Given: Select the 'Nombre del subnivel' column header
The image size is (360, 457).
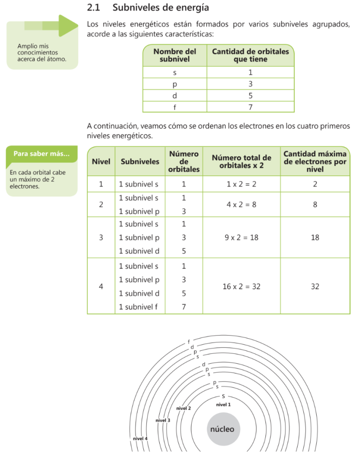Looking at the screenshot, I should [175, 55].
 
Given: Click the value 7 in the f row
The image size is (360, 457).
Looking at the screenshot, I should [250, 107].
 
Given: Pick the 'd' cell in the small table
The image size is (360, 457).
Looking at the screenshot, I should [175, 96].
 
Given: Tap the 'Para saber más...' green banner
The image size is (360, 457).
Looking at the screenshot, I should [41, 154].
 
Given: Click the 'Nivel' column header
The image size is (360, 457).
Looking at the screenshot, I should [101, 161].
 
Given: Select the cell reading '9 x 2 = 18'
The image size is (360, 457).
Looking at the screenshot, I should [241, 238].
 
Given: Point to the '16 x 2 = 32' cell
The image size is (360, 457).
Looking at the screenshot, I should [241, 287].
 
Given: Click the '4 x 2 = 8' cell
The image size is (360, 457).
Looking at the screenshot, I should [241, 204].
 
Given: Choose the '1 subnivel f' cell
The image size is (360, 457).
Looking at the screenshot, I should [139, 307].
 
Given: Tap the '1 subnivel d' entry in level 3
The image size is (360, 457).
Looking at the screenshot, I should [139, 251].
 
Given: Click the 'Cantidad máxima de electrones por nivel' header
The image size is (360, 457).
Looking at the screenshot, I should [315, 161].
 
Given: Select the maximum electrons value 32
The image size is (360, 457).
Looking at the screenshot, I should [315, 287].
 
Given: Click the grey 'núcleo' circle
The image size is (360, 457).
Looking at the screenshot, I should [222, 429].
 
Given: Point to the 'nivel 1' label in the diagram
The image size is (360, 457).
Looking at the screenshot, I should [223, 404].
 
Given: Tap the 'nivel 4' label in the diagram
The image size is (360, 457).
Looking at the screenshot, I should [140, 438].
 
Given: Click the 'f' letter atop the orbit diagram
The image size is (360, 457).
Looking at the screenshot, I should [189, 342].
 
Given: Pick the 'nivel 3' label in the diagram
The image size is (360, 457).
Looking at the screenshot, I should [163, 420].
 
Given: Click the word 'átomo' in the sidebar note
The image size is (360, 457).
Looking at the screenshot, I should [57, 59].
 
